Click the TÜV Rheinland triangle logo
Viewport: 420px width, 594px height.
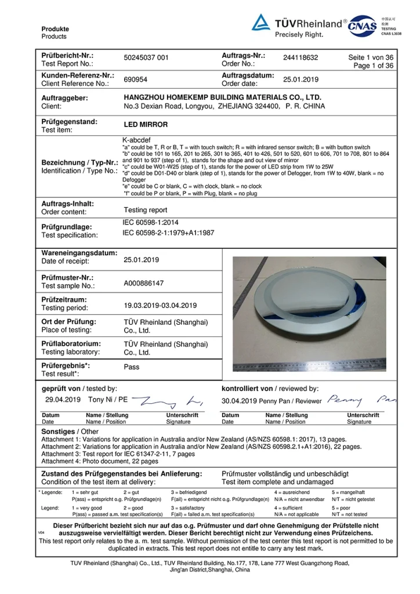260,23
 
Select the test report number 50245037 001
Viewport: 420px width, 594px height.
146,58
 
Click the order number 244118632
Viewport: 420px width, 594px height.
300,58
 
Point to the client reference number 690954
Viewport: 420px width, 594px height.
135,79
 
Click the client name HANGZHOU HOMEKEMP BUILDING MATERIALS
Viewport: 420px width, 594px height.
222,97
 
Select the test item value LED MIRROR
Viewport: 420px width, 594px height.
146,125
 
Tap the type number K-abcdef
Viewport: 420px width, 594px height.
135,140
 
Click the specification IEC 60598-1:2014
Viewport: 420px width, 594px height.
150,223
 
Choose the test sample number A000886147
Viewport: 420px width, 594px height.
144,283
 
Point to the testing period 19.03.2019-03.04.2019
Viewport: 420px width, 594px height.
160,305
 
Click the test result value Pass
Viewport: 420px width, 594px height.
132,367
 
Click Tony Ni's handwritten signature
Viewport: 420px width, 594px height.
168,400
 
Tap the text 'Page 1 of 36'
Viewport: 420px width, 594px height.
373,66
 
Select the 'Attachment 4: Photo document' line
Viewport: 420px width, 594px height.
100,462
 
